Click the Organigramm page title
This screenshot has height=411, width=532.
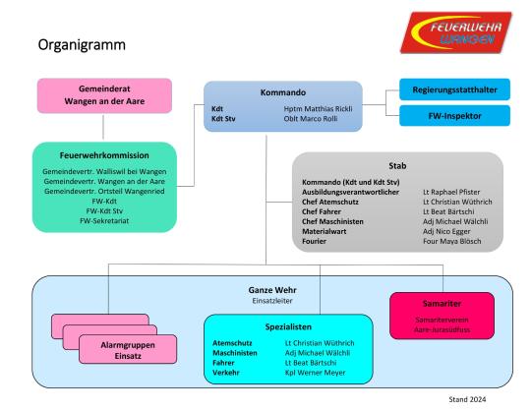81,46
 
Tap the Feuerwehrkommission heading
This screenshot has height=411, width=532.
104,154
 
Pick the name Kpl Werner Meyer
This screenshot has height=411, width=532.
312,373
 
